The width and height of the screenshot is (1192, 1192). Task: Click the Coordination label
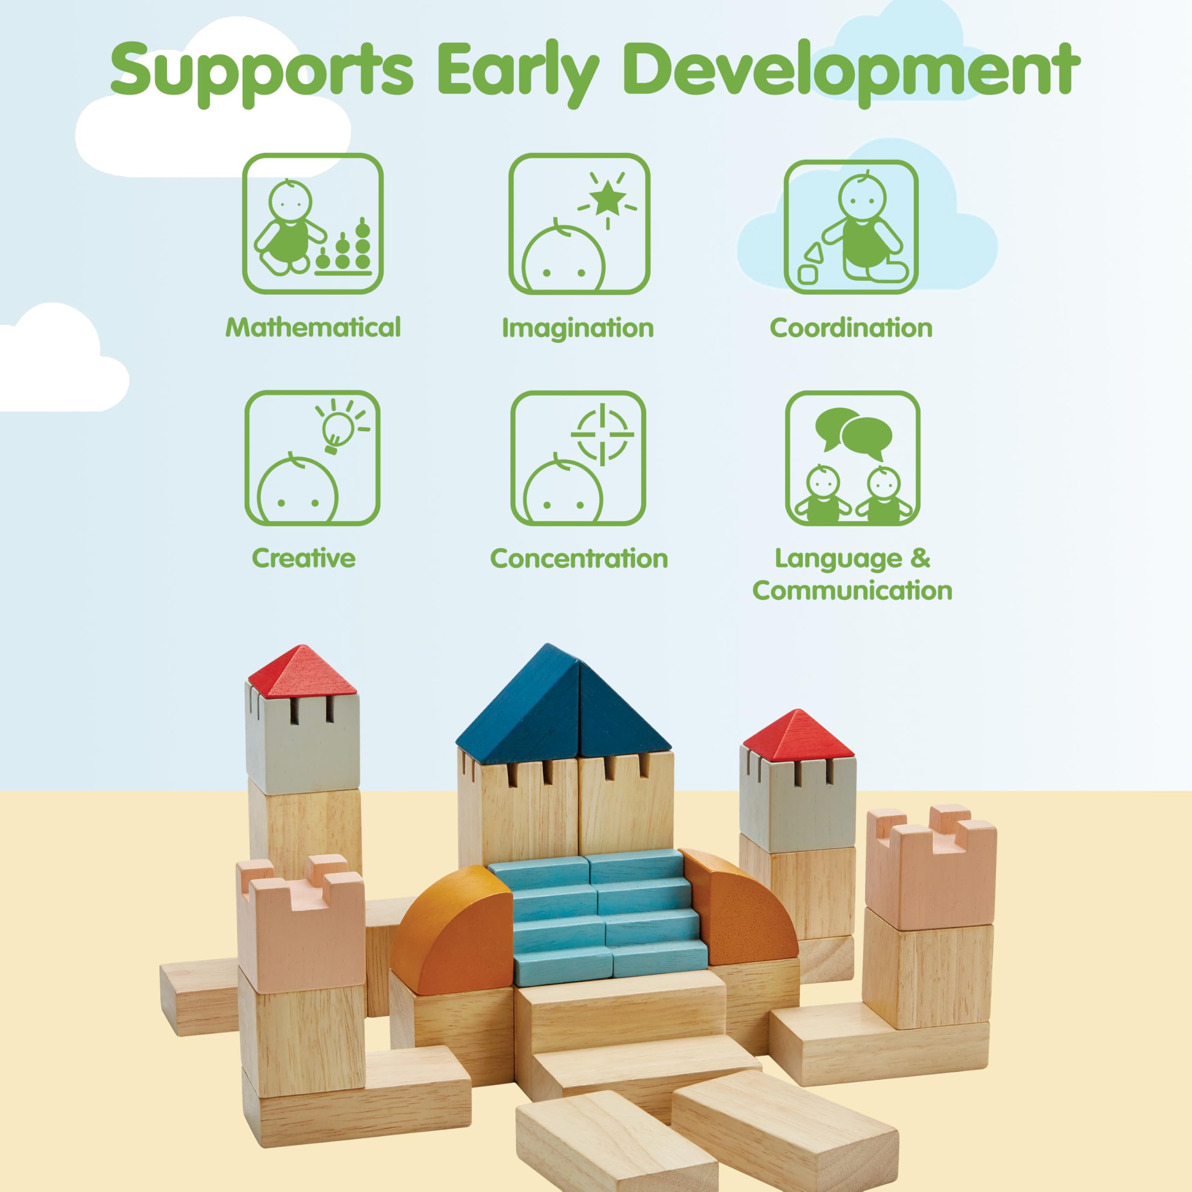(851, 328)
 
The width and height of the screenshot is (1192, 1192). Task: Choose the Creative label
(304, 558)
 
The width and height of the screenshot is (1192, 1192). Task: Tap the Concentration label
(579, 558)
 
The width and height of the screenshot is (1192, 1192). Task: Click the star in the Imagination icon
(608, 197)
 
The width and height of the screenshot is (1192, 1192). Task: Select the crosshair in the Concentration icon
(602, 434)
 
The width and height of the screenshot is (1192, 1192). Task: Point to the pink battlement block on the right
(931, 867)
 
